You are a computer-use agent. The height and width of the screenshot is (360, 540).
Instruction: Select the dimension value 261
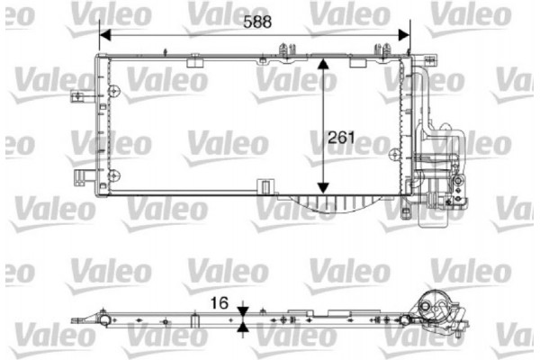(343, 139)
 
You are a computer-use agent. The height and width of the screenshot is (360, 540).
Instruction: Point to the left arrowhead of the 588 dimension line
(103, 36)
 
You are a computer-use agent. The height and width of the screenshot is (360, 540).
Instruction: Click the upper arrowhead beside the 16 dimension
(243, 312)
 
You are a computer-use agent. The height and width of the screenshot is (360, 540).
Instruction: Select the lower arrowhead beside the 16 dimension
(243, 330)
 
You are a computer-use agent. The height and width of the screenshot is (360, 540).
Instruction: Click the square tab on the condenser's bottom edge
(265, 186)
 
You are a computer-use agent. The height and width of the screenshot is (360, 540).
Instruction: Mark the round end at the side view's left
(105, 320)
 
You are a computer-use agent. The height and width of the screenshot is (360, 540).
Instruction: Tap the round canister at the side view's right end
(435, 306)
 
